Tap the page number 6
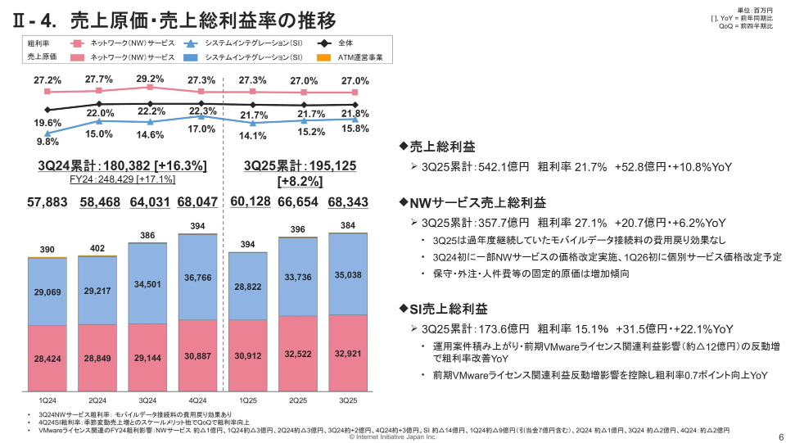point(779,436)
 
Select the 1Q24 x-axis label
point(47,400)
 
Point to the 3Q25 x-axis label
point(348,400)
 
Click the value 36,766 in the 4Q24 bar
point(197,278)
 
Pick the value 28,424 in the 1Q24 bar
point(47,359)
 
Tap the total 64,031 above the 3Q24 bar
point(147,201)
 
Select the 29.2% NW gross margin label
point(150,79)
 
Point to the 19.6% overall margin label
point(47,123)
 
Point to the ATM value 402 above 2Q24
point(97,249)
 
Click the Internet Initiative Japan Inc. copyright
point(393,437)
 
